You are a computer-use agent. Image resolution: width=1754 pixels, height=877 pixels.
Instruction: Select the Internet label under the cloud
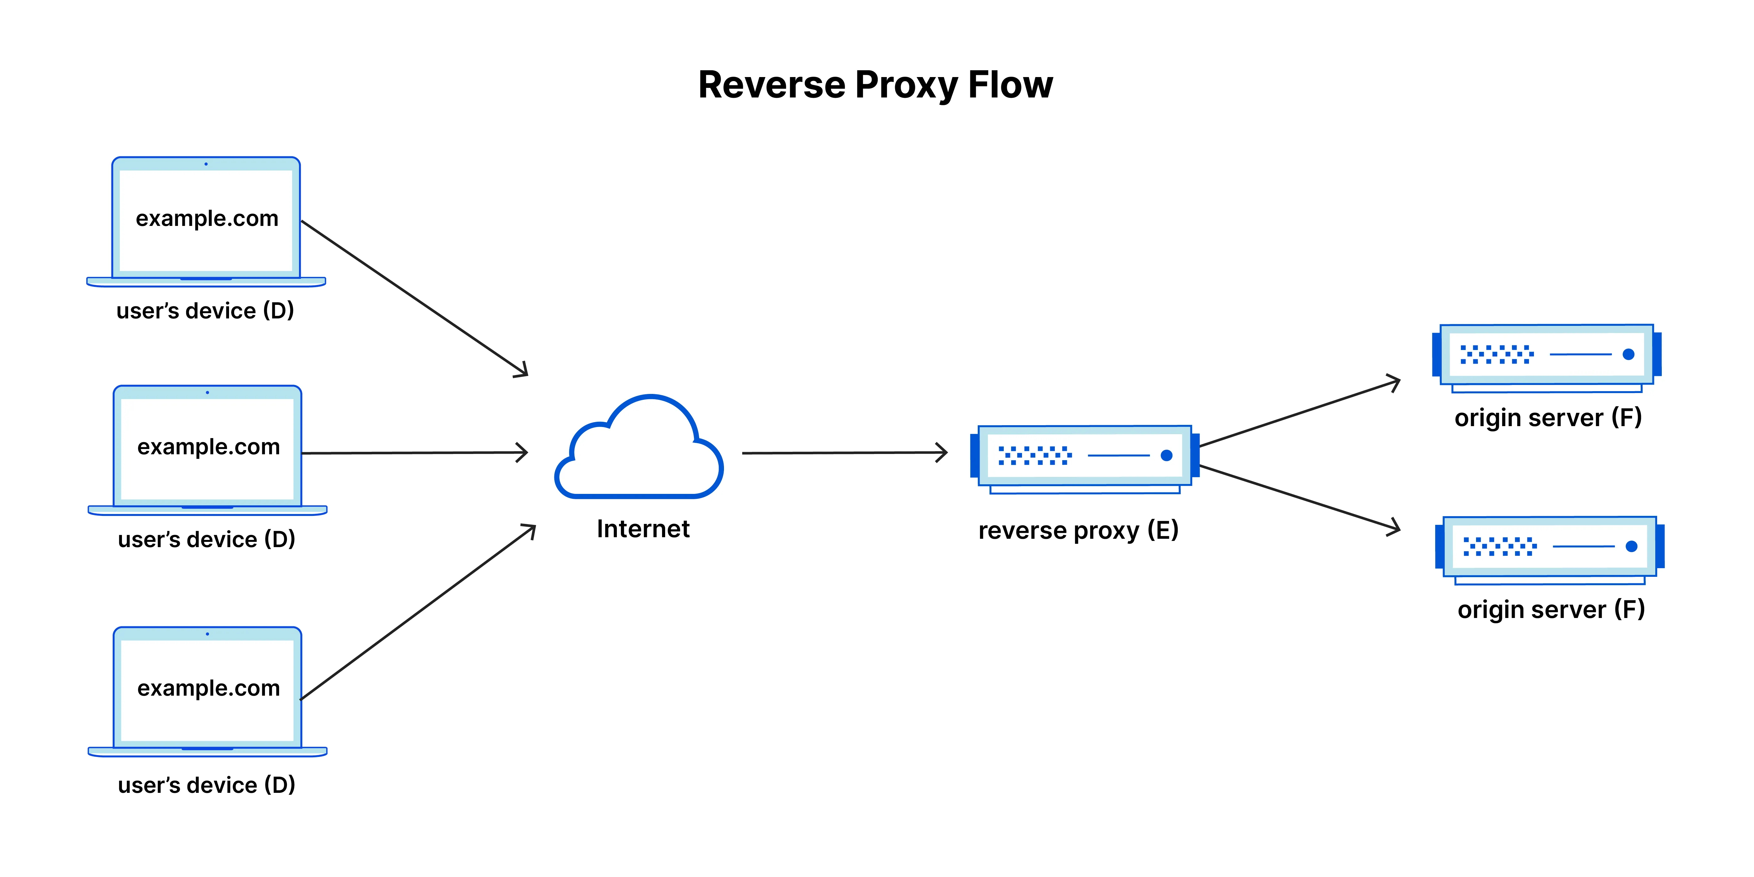(x=643, y=529)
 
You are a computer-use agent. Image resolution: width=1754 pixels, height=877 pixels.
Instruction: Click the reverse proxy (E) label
(x=1078, y=530)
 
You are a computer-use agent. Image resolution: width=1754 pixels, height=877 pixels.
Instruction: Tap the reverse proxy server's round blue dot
(x=1166, y=456)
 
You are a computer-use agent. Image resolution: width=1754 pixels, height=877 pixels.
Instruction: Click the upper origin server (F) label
(x=1548, y=417)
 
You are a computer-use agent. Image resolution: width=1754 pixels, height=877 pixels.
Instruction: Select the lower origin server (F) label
(x=1550, y=609)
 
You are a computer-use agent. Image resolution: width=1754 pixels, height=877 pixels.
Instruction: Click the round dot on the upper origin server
(x=1628, y=354)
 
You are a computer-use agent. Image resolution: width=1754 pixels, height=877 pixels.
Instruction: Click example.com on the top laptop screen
(x=207, y=218)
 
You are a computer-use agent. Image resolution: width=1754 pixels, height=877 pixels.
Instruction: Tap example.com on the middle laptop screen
(x=208, y=447)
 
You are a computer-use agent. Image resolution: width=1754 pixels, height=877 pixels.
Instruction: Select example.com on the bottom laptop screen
(x=208, y=689)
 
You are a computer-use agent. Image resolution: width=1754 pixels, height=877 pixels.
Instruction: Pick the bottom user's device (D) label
(x=206, y=785)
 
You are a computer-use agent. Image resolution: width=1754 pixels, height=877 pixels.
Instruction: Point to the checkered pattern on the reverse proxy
(x=1034, y=456)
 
